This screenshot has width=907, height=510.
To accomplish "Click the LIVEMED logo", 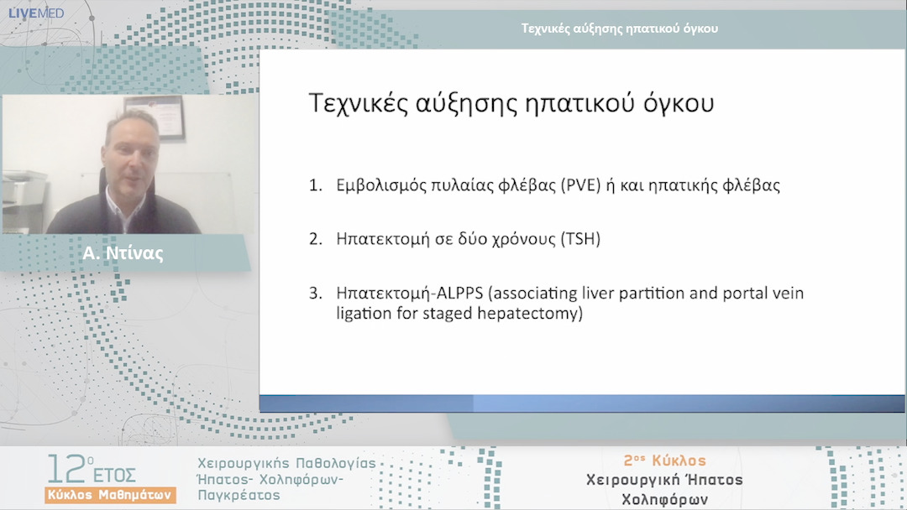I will tap(35, 13).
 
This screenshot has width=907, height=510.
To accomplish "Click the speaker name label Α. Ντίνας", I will tap(123, 254).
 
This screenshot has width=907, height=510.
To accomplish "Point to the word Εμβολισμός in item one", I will tap(378, 186).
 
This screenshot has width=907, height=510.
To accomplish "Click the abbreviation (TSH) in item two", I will tap(580, 239).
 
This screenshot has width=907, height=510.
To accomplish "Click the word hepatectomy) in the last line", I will tap(538, 314).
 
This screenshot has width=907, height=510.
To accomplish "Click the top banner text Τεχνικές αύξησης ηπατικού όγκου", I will tap(620, 28).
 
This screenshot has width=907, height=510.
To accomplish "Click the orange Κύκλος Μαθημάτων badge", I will tap(111, 494).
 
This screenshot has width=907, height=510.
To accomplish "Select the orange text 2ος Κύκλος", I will tap(664, 461).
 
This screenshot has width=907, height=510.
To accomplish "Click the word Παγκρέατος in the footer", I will tap(239, 496).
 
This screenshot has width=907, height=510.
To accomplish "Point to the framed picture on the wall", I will tap(165, 114).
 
